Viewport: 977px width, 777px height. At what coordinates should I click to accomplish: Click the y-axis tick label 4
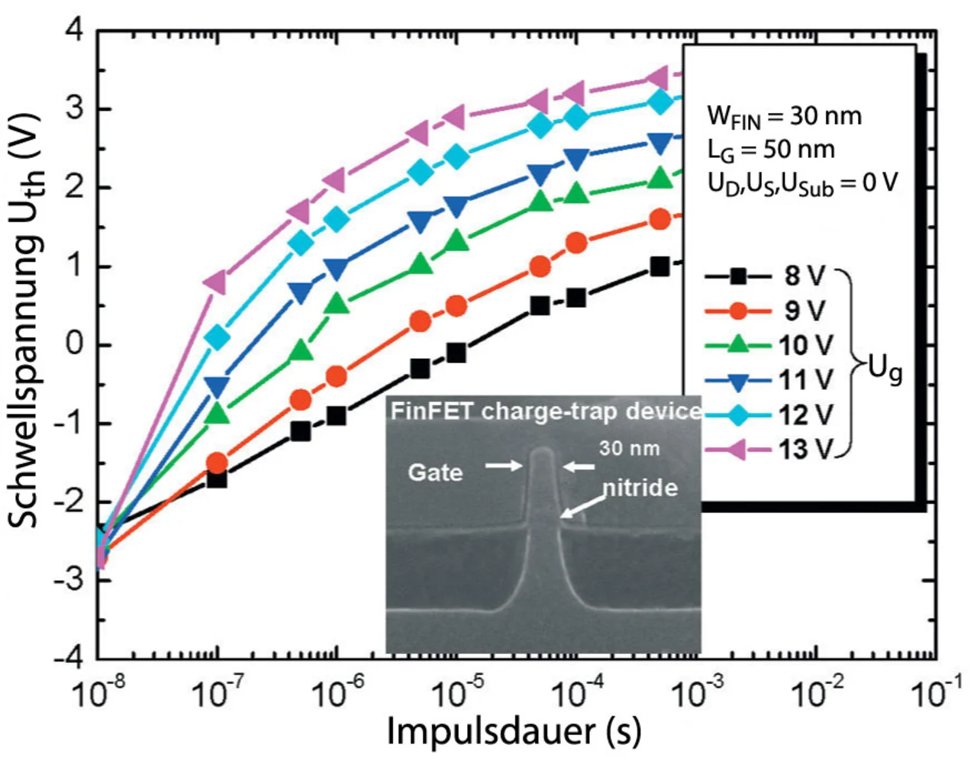click(74, 31)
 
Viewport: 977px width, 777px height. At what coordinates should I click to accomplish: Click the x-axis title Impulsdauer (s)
click(514, 731)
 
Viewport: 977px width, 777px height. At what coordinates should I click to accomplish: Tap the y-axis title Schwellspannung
click(27, 321)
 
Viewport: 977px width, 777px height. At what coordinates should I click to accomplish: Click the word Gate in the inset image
click(435, 472)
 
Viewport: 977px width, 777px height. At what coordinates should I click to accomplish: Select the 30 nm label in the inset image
click(629, 448)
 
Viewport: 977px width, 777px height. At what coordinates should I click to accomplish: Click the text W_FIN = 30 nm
click(784, 117)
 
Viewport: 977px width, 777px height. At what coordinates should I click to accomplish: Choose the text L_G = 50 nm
click(771, 150)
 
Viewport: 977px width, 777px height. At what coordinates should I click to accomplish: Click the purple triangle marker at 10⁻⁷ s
click(217, 282)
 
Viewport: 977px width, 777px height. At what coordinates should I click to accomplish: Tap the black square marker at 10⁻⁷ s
click(217, 479)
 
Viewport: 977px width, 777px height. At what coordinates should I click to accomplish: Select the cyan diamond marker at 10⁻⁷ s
click(217, 337)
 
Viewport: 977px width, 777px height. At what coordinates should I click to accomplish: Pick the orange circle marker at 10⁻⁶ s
click(337, 376)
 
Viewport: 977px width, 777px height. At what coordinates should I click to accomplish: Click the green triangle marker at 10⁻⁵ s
click(456, 240)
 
